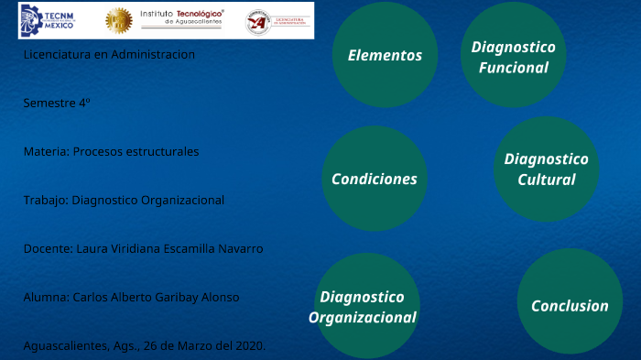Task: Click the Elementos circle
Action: click(x=385, y=55)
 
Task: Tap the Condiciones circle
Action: click(x=375, y=179)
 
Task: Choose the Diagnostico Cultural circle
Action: click(x=546, y=169)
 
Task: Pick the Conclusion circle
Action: click(x=570, y=306)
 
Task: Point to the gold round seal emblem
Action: click(x=118, y=20)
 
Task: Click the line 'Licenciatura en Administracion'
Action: click(x=109, y=54)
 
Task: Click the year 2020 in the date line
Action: click(x=248, y=345)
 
